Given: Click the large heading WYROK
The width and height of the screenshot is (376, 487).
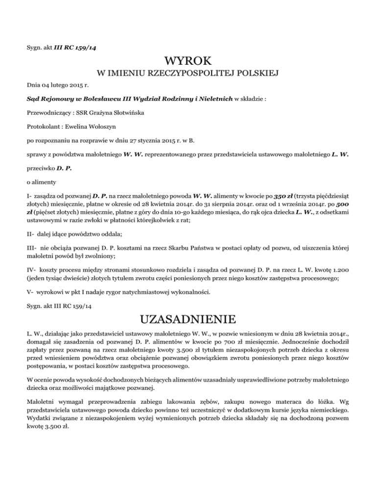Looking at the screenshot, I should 188,62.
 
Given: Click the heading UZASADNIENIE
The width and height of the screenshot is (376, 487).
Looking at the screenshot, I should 188,319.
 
